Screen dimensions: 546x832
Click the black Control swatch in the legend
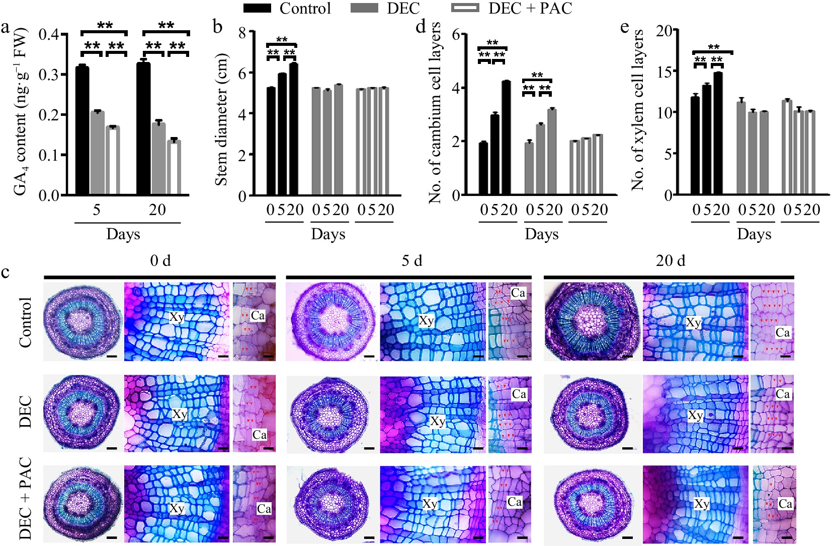(x=257, y=9)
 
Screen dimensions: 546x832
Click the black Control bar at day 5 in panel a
(x=82, y=130)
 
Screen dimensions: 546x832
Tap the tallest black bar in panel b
(x=294, y=129)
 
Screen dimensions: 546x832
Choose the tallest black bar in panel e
(x=718, y=133)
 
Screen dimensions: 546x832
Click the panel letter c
(x=6, y=272)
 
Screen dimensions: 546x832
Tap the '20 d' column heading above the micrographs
(x=670, y=261)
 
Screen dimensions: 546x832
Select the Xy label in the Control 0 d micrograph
(x=177, y=317)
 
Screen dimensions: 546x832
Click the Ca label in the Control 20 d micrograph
(x=782, y=332)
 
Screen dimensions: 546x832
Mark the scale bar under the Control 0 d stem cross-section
(x=112, y=356)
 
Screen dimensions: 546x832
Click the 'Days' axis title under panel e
(x=754, y=234)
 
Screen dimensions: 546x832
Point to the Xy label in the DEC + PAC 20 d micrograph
(x=701, y=504)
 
